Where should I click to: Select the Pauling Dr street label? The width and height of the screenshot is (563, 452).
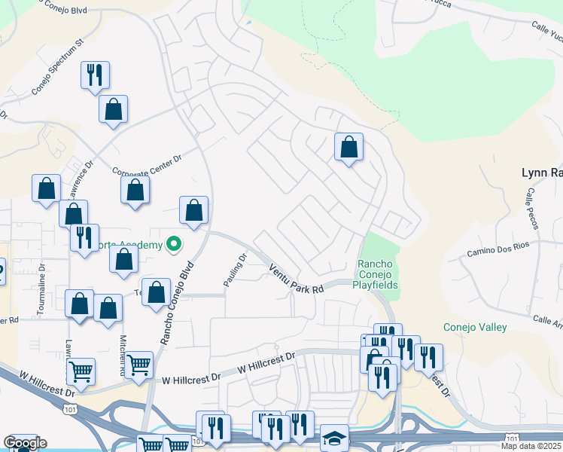235,270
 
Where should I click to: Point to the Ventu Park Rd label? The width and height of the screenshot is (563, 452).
296,276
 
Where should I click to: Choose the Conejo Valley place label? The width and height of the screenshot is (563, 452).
475,327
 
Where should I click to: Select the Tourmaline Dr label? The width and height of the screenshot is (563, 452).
41,289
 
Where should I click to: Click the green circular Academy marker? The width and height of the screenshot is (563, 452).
174,244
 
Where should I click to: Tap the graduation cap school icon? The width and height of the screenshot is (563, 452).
334,438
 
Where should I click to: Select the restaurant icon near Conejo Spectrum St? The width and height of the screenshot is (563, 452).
95,75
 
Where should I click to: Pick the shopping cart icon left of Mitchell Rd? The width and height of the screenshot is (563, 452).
81,371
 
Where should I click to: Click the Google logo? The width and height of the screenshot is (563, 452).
24,443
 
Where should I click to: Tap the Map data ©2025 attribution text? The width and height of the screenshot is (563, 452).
531,446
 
